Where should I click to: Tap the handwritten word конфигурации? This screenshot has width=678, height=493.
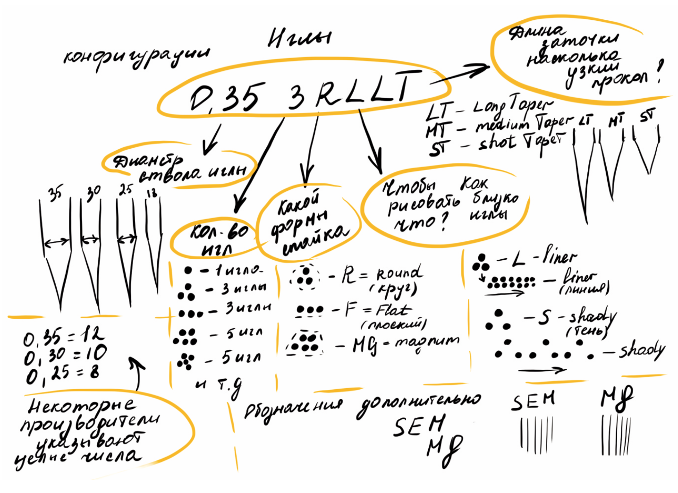(136, 56)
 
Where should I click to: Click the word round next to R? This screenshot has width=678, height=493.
(399, 272)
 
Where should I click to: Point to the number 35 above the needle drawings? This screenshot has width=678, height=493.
(55, 193)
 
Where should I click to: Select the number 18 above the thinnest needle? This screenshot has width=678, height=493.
(152, 192)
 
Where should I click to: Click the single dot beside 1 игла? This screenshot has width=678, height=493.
(188, 271)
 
